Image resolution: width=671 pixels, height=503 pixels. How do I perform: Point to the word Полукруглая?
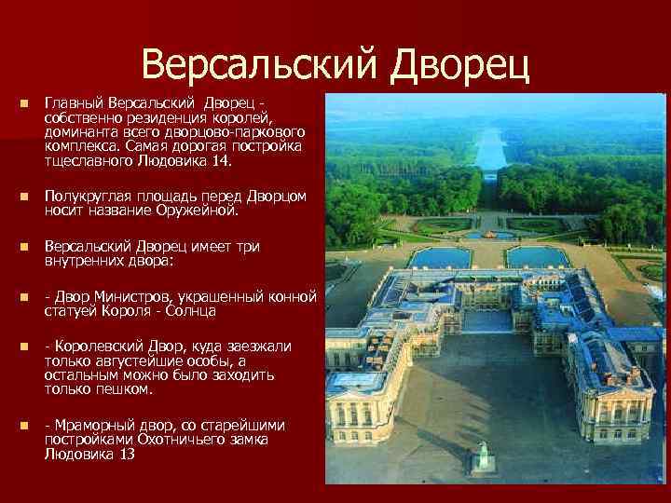coord(86,197)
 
